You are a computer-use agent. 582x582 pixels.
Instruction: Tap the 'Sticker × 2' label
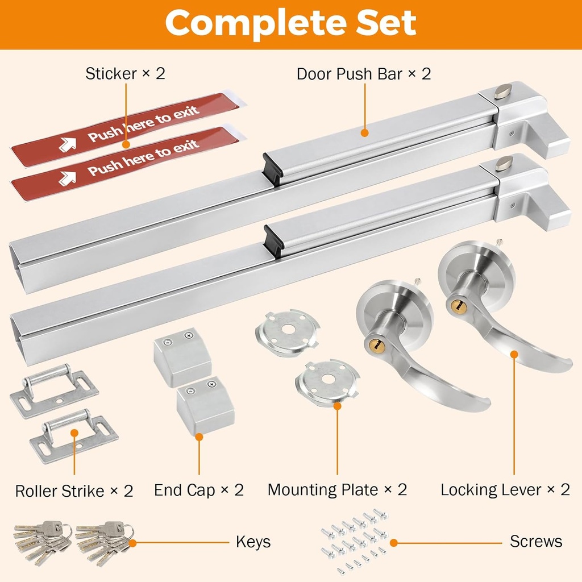tap(125, 73)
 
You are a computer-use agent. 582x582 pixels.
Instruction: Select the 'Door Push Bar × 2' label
tap(364, 74)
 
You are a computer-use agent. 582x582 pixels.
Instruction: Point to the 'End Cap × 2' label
tap(199, 490)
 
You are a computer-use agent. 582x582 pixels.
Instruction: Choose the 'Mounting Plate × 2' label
tap(337, 490)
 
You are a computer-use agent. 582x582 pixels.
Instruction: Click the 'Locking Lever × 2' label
tap(505, 490)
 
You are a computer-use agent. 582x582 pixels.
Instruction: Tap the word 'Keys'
tap(253, 542)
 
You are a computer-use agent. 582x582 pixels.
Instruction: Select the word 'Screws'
tap(536, 542)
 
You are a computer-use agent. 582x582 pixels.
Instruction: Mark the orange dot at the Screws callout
tap(393, 543)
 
